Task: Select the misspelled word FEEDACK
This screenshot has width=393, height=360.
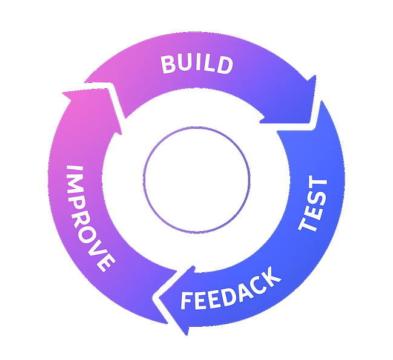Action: tap(231, 289)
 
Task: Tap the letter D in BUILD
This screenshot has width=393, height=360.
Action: tap(224, 65)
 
